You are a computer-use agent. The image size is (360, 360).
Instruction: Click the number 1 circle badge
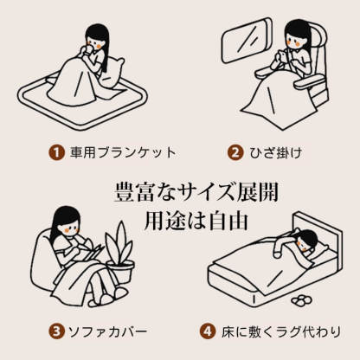(56, 152)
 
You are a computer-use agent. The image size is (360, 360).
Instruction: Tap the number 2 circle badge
(235, 152)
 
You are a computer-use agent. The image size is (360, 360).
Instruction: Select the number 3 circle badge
(56, 331)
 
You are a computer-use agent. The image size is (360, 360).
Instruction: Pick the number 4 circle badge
(208, 331)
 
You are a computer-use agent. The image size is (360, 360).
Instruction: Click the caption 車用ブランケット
(123, 152)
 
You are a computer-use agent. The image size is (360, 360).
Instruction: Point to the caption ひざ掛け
(276, 152)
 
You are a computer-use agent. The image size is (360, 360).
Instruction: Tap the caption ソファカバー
(107, 331)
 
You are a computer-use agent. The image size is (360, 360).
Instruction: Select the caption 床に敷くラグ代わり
(281, 331)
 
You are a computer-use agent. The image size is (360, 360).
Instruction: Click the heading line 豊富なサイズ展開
(196, 193)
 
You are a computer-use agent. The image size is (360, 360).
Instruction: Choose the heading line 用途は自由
(196, 221)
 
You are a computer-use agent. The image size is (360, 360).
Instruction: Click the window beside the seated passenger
(247, 41)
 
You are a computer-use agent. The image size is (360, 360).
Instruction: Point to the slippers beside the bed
(302, 300)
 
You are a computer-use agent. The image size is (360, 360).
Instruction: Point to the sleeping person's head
(308, 240)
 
